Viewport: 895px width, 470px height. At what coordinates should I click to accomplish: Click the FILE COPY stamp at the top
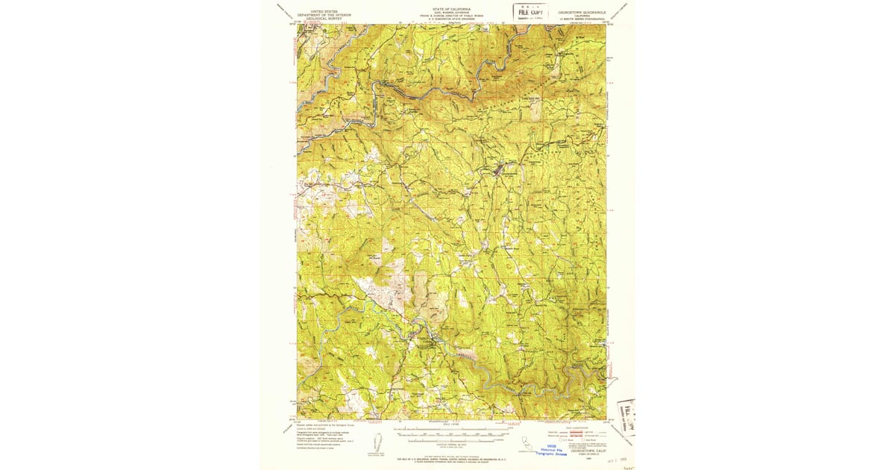(530, 11)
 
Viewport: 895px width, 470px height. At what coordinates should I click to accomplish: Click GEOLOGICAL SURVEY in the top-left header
(324, 19)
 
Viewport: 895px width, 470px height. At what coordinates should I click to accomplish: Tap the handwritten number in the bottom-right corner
(628, 465)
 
